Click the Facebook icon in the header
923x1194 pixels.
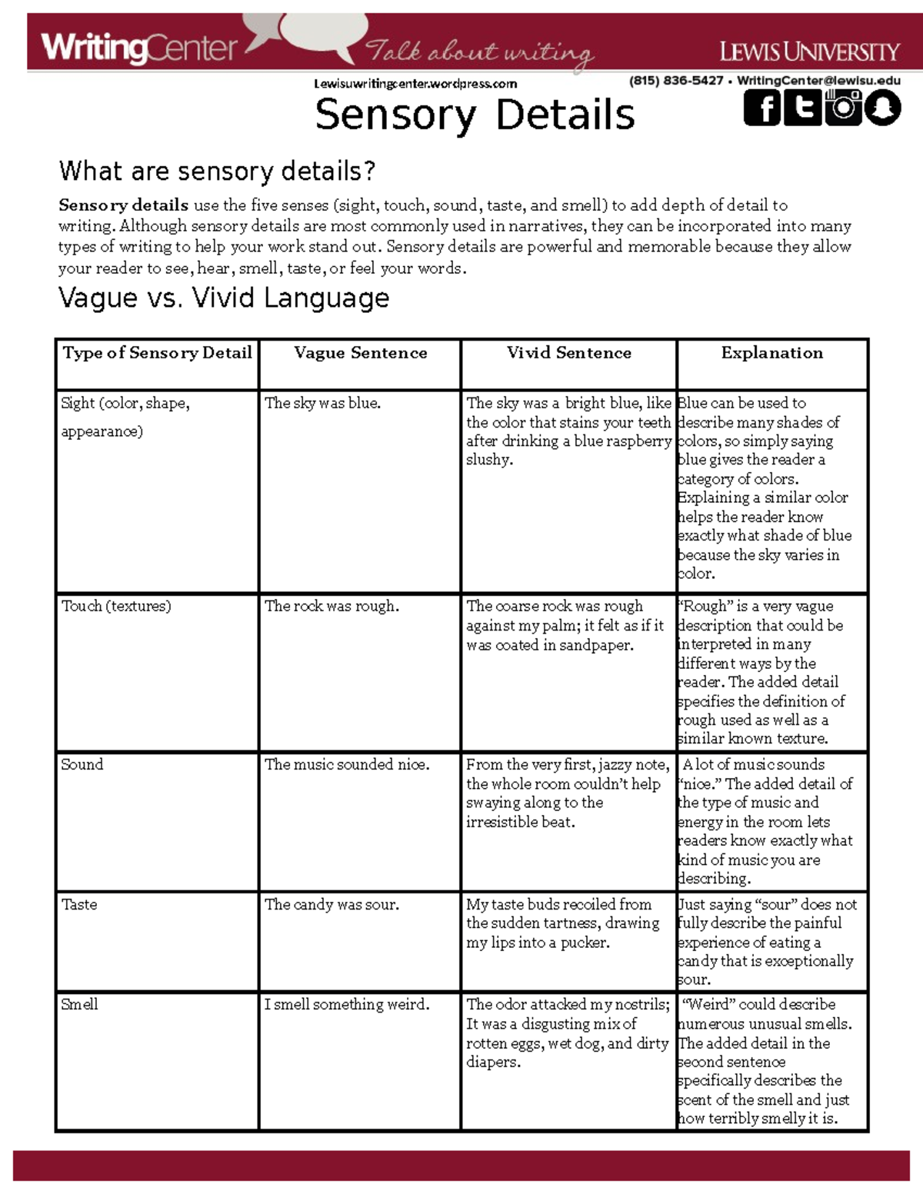[x=763, y=108]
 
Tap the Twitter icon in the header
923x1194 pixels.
[x=802, y=108]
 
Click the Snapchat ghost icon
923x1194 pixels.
[x=882, y=108]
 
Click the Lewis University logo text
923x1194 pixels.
[x=809, y=52]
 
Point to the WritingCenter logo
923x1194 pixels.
[x=139, y=48]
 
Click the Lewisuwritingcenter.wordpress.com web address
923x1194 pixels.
[x=415, y=84]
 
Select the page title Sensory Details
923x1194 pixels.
[x=475, y=115]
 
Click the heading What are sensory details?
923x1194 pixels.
[x=217, y=171]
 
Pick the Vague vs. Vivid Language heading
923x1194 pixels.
[x=224, y=298]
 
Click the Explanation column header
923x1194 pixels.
[x=771, y=353]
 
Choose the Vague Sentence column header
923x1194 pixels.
[x=360, y=353]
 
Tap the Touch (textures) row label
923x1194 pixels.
[x=116, y=606]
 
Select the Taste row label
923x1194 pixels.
[x=79, y=904]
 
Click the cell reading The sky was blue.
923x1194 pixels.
[x=322, y=403]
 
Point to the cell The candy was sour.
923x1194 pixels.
[x=332, y=904]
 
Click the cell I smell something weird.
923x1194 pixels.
[x=347, y=1004]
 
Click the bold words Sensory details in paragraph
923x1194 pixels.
[x=123, y=205]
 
